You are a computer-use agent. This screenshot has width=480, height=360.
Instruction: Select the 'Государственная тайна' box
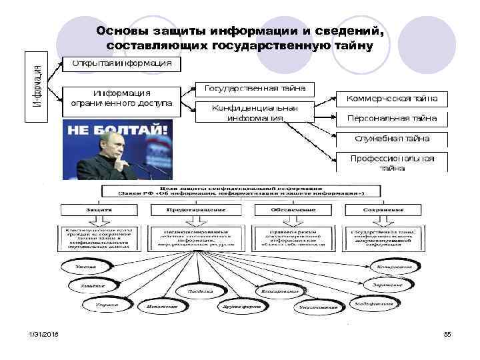click(255, 88)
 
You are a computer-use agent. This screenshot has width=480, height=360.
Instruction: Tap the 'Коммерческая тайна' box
click(392, 98)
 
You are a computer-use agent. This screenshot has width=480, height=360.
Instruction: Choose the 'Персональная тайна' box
click(392, 119)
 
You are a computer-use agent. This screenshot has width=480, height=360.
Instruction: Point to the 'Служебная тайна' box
click(392, 139)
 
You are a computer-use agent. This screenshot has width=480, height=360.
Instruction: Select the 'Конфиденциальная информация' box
click(255, 113)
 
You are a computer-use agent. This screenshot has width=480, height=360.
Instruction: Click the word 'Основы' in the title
click(121, 32)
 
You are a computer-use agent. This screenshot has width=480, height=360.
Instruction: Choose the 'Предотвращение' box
click(196, 209)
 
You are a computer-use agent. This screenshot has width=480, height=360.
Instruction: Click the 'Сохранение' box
click(384, 209)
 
